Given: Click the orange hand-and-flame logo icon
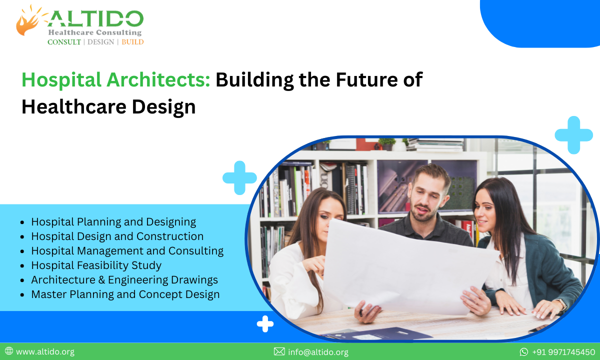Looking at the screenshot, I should [29, 20].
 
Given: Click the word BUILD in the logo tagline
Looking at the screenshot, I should [132, 42].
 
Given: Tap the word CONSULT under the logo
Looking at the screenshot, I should [64, 42].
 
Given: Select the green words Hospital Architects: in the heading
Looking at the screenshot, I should [115, 80].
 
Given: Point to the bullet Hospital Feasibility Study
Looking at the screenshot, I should [96, 265].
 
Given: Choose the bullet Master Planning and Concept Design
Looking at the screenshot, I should [125, 294].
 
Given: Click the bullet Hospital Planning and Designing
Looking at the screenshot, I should [113, 221].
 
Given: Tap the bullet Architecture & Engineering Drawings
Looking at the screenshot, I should [124, 279].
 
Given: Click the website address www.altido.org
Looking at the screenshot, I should [45, 352].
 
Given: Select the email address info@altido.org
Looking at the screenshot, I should [318, 352].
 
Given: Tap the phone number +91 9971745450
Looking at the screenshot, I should [563, 352].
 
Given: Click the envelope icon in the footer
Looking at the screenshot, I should [279, 352].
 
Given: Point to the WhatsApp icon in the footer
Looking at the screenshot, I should [524, 352].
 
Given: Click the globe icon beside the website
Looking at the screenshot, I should [8, 351].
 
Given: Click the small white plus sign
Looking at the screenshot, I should [265, 324].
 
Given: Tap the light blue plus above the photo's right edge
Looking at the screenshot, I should [573, 135].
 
